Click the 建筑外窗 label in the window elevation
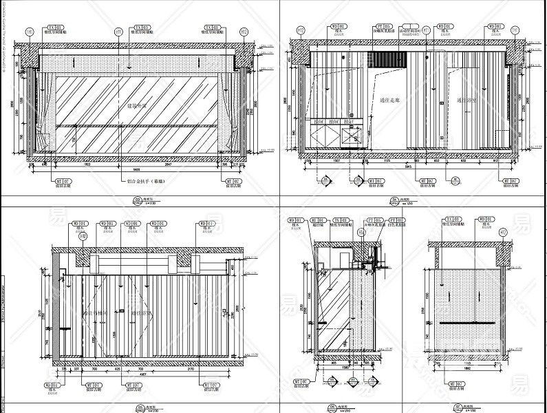click(x=138, y=107)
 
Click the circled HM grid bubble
click(x=83, y=237)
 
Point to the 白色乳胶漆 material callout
click(x=397, y=224)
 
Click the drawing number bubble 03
click(x=137, y=200)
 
